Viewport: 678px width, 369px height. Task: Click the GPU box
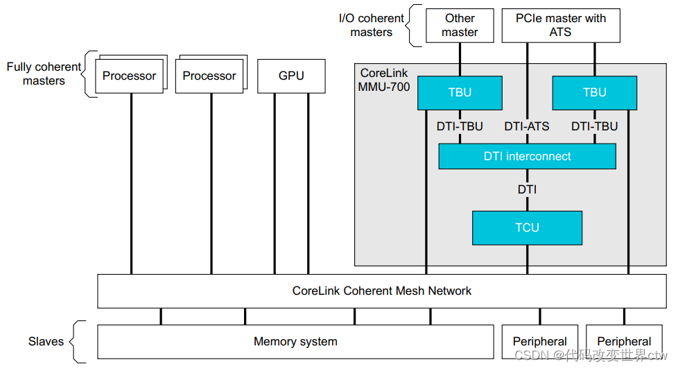(x=291, y=76)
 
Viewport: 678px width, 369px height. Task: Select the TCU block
(x=527, y=228)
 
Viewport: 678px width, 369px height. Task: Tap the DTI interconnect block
(x=527, y=157)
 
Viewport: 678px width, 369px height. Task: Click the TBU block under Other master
(x=459, y=93)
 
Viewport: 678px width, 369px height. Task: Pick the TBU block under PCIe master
(x=594, y=93)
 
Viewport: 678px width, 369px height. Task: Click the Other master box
(x=460, y=26)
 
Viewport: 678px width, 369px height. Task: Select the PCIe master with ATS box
(x=561, y=26)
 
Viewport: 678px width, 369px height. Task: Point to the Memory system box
(x=295, y=341)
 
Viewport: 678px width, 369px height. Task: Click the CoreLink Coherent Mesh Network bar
(x=381, y=291)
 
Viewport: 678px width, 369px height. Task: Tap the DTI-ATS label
(x=527, y=127)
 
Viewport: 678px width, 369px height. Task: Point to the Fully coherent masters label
(x=44, y=74)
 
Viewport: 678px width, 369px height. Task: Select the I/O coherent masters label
(x=371, y=26)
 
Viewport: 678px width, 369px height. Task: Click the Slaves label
(x=46, y=341)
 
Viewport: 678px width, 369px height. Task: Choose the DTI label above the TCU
(x=527, y=189)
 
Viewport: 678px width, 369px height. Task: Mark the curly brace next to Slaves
(x=79, y=341)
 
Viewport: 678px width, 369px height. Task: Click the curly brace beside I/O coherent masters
(x=415, y=26)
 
